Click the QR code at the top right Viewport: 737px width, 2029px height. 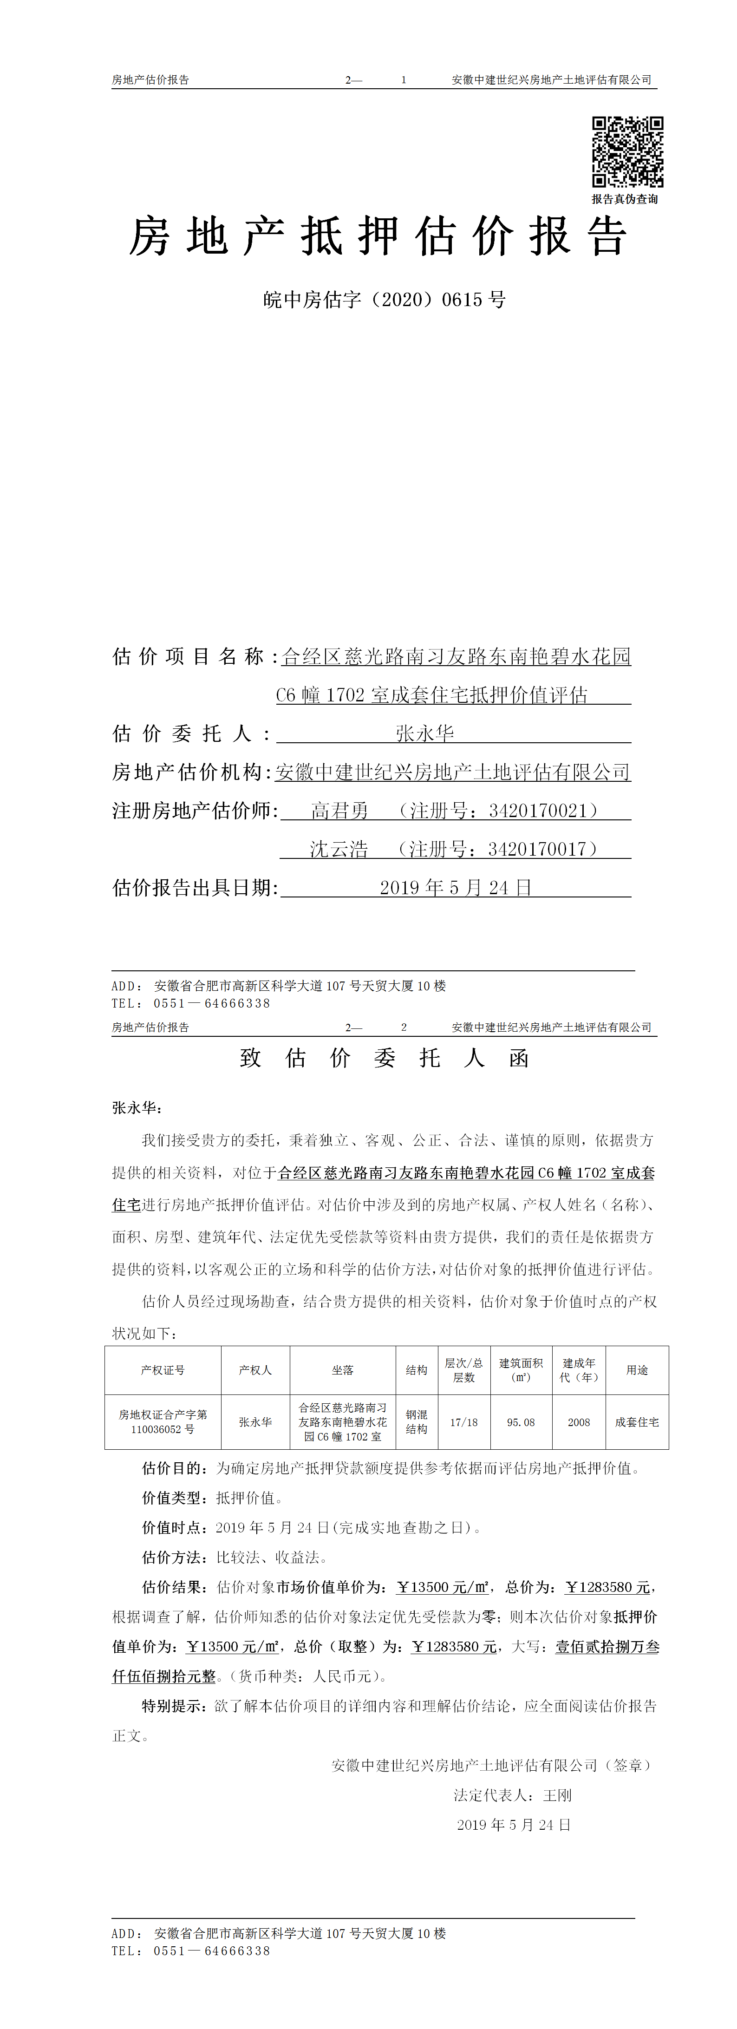click(627, 151)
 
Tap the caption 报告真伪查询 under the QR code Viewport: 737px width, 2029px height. click(625, 199)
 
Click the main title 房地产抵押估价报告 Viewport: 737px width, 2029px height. click(378, 237)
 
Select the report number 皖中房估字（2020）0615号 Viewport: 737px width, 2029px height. click(384, 300)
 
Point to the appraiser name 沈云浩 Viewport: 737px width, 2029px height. click(339, 849)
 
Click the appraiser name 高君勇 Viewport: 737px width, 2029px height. click(339, 811)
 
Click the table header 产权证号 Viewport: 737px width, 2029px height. click(163, 1370)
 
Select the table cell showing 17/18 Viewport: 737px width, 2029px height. click(464, 1422)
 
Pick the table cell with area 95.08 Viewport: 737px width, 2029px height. click(521, 1422)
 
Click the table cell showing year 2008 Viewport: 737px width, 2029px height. click(579, 1422)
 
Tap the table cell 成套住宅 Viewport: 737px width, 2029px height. click(637, 1422)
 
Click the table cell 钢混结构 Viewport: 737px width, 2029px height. click(417, 1422)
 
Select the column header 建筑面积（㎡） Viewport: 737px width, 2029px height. click(521, 1370)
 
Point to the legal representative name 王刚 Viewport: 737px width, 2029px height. click(557, 1795)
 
